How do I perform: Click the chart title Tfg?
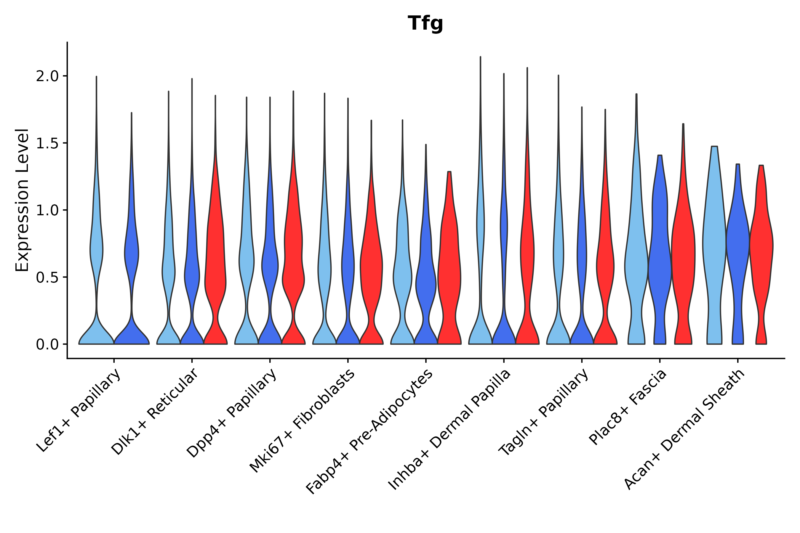click(425, 24)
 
